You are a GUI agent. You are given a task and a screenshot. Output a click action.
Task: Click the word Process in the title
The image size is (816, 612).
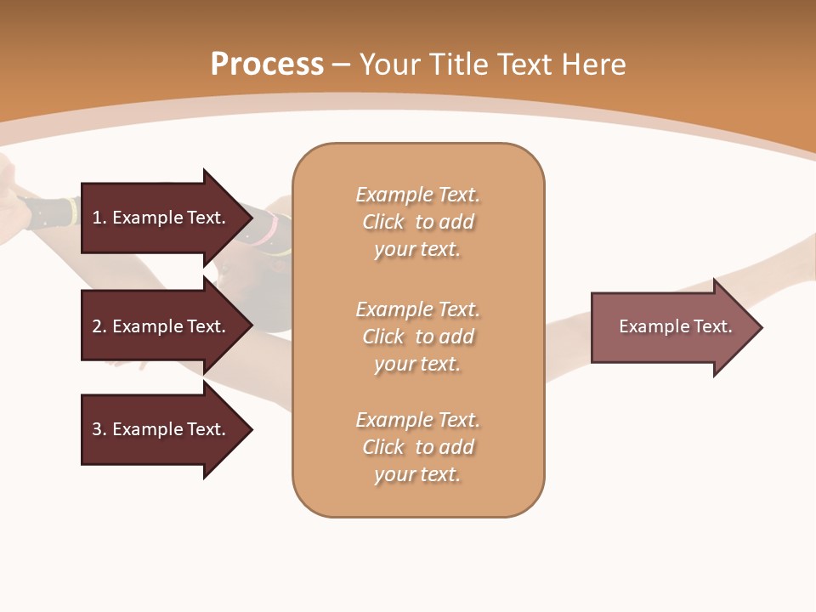pyautogui.click(x=267, y=64)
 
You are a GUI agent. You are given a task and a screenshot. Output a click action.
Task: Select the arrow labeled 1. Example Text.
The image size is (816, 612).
pyautogui.click(x=161, y=218)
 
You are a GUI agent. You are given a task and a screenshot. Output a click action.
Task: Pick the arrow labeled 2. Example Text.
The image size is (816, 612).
pyautogui.click(x=161, y=326)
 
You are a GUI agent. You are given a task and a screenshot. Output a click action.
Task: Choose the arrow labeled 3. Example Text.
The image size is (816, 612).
pyautogui.click(x=161, y=429)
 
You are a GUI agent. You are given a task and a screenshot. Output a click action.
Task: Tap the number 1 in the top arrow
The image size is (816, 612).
pyautogui.click(x=97, y=218)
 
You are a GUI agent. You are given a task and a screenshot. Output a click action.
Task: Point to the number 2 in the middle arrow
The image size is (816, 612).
pyautogui.click(x=97, y=326)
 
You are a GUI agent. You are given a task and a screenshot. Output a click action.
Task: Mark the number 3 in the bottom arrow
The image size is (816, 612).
pyautogui.click(x=97, y=429)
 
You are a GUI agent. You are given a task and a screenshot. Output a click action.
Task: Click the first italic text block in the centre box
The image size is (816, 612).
pyautogui.click(x=417, y=222)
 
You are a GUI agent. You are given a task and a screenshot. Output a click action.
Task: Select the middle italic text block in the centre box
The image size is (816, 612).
pyautogui.click(x=417, y=336)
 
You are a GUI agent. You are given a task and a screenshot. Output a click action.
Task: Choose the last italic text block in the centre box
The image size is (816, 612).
pyautogui.click(x=417, y=447)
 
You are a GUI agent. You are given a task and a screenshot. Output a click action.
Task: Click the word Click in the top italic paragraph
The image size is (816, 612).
pyautogui.click(x=383, y=222)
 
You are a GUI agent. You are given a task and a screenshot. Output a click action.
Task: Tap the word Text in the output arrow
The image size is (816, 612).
pyautogui.click(x=712, y=326)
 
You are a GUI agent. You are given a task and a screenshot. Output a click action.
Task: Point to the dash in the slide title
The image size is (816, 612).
pyautogui.click(x=342, y=65)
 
